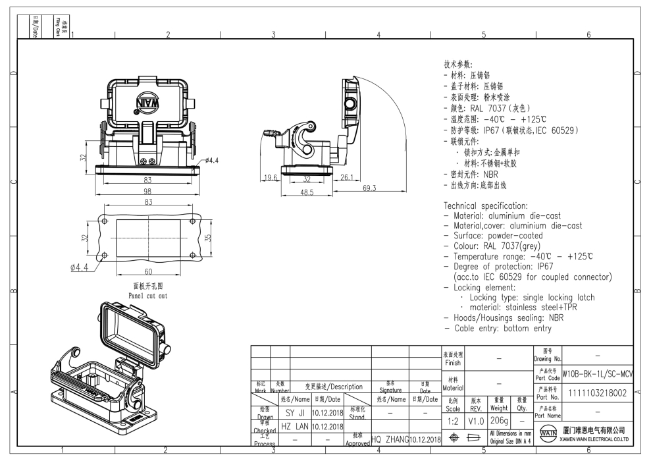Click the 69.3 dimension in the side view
[x=369, y=188]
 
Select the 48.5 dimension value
[x=307, y=192]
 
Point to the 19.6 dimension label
[x=270, y=177]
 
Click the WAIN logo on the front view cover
[x=146, y=104]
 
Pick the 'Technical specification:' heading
[x=486, y=205]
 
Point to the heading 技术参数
[x=458, y=65]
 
